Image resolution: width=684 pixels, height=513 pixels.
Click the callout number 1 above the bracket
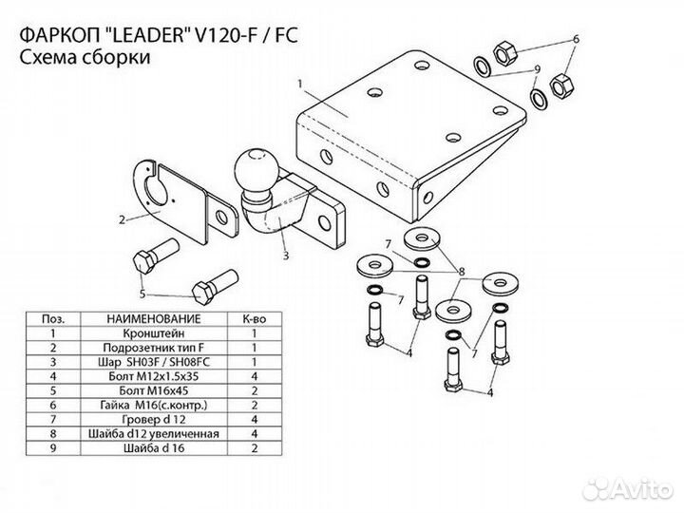(x=299, y=85)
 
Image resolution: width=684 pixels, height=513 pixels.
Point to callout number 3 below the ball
(x=284, y=255)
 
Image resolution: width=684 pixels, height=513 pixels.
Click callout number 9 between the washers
(x=537, y=69)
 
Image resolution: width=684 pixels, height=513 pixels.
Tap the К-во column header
(x=255, y=320)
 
